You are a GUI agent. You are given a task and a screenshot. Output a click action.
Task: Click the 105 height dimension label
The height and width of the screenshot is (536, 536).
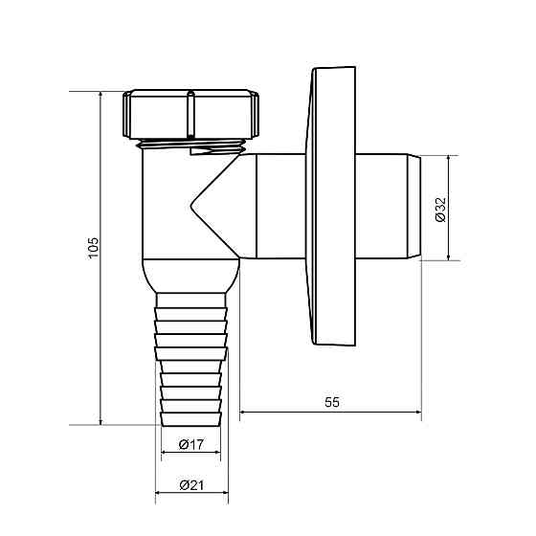point(93,248)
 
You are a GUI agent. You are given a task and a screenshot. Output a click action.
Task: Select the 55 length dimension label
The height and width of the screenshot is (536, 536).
point(332,402)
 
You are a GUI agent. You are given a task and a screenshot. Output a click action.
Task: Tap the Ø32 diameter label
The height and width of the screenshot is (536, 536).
point(441,210)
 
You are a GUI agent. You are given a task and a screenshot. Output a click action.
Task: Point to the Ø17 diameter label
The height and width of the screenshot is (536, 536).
point(191,444)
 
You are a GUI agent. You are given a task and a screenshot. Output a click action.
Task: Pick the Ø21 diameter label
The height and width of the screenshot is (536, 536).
point(191,484)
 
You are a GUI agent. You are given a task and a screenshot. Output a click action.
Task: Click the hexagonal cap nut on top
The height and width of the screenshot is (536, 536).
point(190,114)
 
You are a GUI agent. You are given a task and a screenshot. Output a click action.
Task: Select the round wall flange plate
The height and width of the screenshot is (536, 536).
point(331,206)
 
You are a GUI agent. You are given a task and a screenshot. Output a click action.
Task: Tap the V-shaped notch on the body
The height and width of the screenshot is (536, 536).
point(205,205)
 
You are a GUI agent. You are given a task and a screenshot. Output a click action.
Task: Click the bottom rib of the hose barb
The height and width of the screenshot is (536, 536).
point(190,419)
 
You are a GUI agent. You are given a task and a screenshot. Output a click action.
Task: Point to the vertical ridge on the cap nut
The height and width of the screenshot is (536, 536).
point(190,114)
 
